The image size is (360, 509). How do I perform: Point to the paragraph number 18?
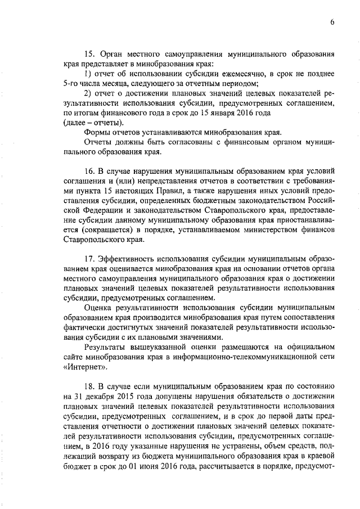tap(89, 387)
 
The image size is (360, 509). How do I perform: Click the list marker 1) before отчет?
tap(88, 74)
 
